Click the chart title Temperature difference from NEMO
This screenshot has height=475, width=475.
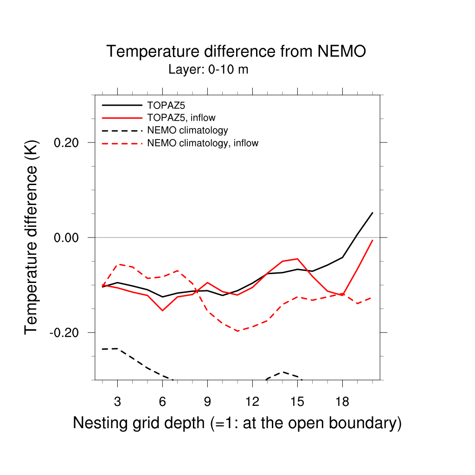point(236,51)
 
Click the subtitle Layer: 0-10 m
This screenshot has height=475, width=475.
point(208,70)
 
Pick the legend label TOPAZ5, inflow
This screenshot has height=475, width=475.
point(181,118)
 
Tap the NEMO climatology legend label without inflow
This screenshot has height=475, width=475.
point(187,130)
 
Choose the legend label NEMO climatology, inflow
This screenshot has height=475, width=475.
point(203,143)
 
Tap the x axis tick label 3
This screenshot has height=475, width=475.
point(117,402)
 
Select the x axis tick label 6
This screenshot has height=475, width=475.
point(162,402)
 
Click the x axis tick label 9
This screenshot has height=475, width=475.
point(207,402)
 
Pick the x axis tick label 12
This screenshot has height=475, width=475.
point(252,402)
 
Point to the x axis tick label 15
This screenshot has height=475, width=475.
point(297,402)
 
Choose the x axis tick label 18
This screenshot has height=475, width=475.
point(342,402)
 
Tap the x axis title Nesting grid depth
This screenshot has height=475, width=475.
point(237,423)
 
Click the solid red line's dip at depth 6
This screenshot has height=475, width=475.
point(162,310)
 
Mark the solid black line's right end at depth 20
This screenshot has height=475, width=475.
point(372,213)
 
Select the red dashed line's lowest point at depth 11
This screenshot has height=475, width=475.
point(237,331)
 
